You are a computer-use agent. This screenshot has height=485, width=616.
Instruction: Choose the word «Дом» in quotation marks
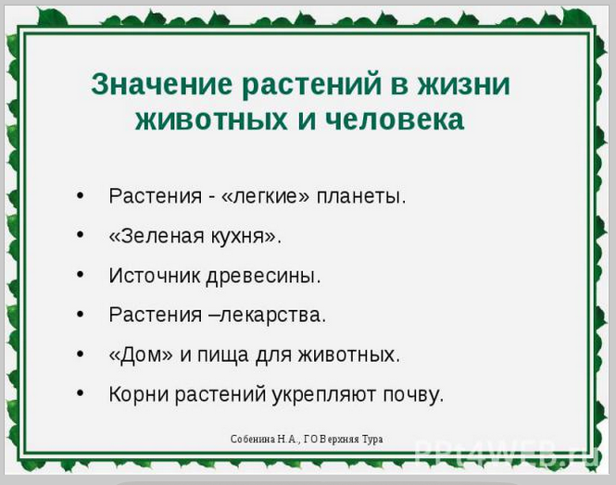pos(140,354)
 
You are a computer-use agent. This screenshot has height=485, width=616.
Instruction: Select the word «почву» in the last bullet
pos(410,394)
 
